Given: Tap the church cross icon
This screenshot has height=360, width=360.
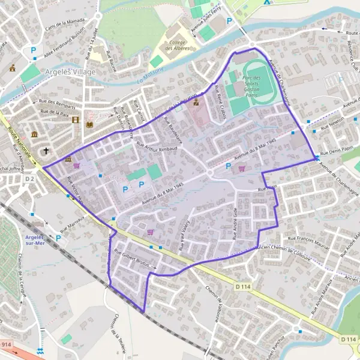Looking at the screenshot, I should pyautogui.click(x=46, y=151).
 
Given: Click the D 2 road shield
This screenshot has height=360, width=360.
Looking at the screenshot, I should pyautogui.click(x=30, y=179).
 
